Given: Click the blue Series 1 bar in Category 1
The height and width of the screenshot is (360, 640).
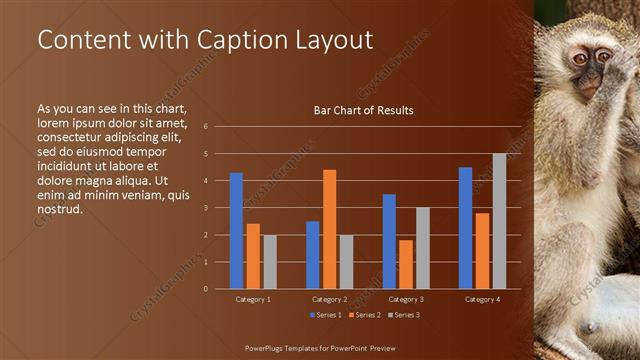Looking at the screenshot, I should point(236,231).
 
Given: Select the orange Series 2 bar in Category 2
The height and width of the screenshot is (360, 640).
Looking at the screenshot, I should point(329,229).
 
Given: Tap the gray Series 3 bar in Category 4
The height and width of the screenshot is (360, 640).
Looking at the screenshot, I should point(499,221).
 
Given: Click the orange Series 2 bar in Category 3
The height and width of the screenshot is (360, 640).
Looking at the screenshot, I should point(405,264).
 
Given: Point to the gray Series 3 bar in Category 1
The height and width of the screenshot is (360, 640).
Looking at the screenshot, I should point(270,261).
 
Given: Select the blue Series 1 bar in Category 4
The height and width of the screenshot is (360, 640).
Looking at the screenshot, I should point(465,228).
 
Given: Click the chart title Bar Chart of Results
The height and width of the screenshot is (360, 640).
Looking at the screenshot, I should point(363,110).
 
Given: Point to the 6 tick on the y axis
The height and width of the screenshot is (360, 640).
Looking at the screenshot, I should point(204,127).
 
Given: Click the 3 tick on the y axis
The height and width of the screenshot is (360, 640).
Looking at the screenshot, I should point(204,208).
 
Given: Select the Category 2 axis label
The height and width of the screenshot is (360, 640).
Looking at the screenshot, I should point(329,299).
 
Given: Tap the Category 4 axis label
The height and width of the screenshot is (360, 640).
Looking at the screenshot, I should point(482,299).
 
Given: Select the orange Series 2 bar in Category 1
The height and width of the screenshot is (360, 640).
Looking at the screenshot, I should point(253,256).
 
